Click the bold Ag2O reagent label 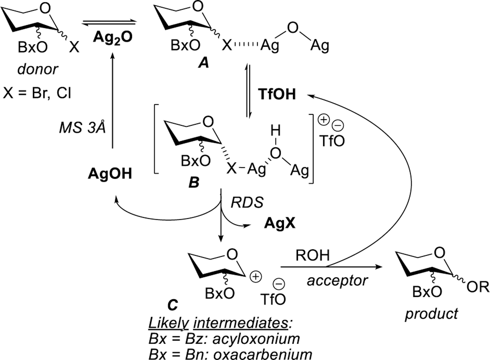(112, 37)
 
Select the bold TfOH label (277, 94)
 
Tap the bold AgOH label (110, 174)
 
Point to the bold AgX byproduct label (280, 223)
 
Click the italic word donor (38, 69)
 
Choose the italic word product (431, 314)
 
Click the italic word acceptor (337, 280)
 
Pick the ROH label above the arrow (313, 255)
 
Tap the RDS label (247, 203)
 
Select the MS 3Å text (83, 127)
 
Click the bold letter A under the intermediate (204, 62)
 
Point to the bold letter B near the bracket (194, 182)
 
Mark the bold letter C (172, 305)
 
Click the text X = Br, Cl (37, 93)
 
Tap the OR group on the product (478, 287)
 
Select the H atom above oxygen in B (275, 131)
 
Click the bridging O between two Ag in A (293, 28)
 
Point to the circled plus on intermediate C (255, 277)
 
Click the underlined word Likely (169, 323)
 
